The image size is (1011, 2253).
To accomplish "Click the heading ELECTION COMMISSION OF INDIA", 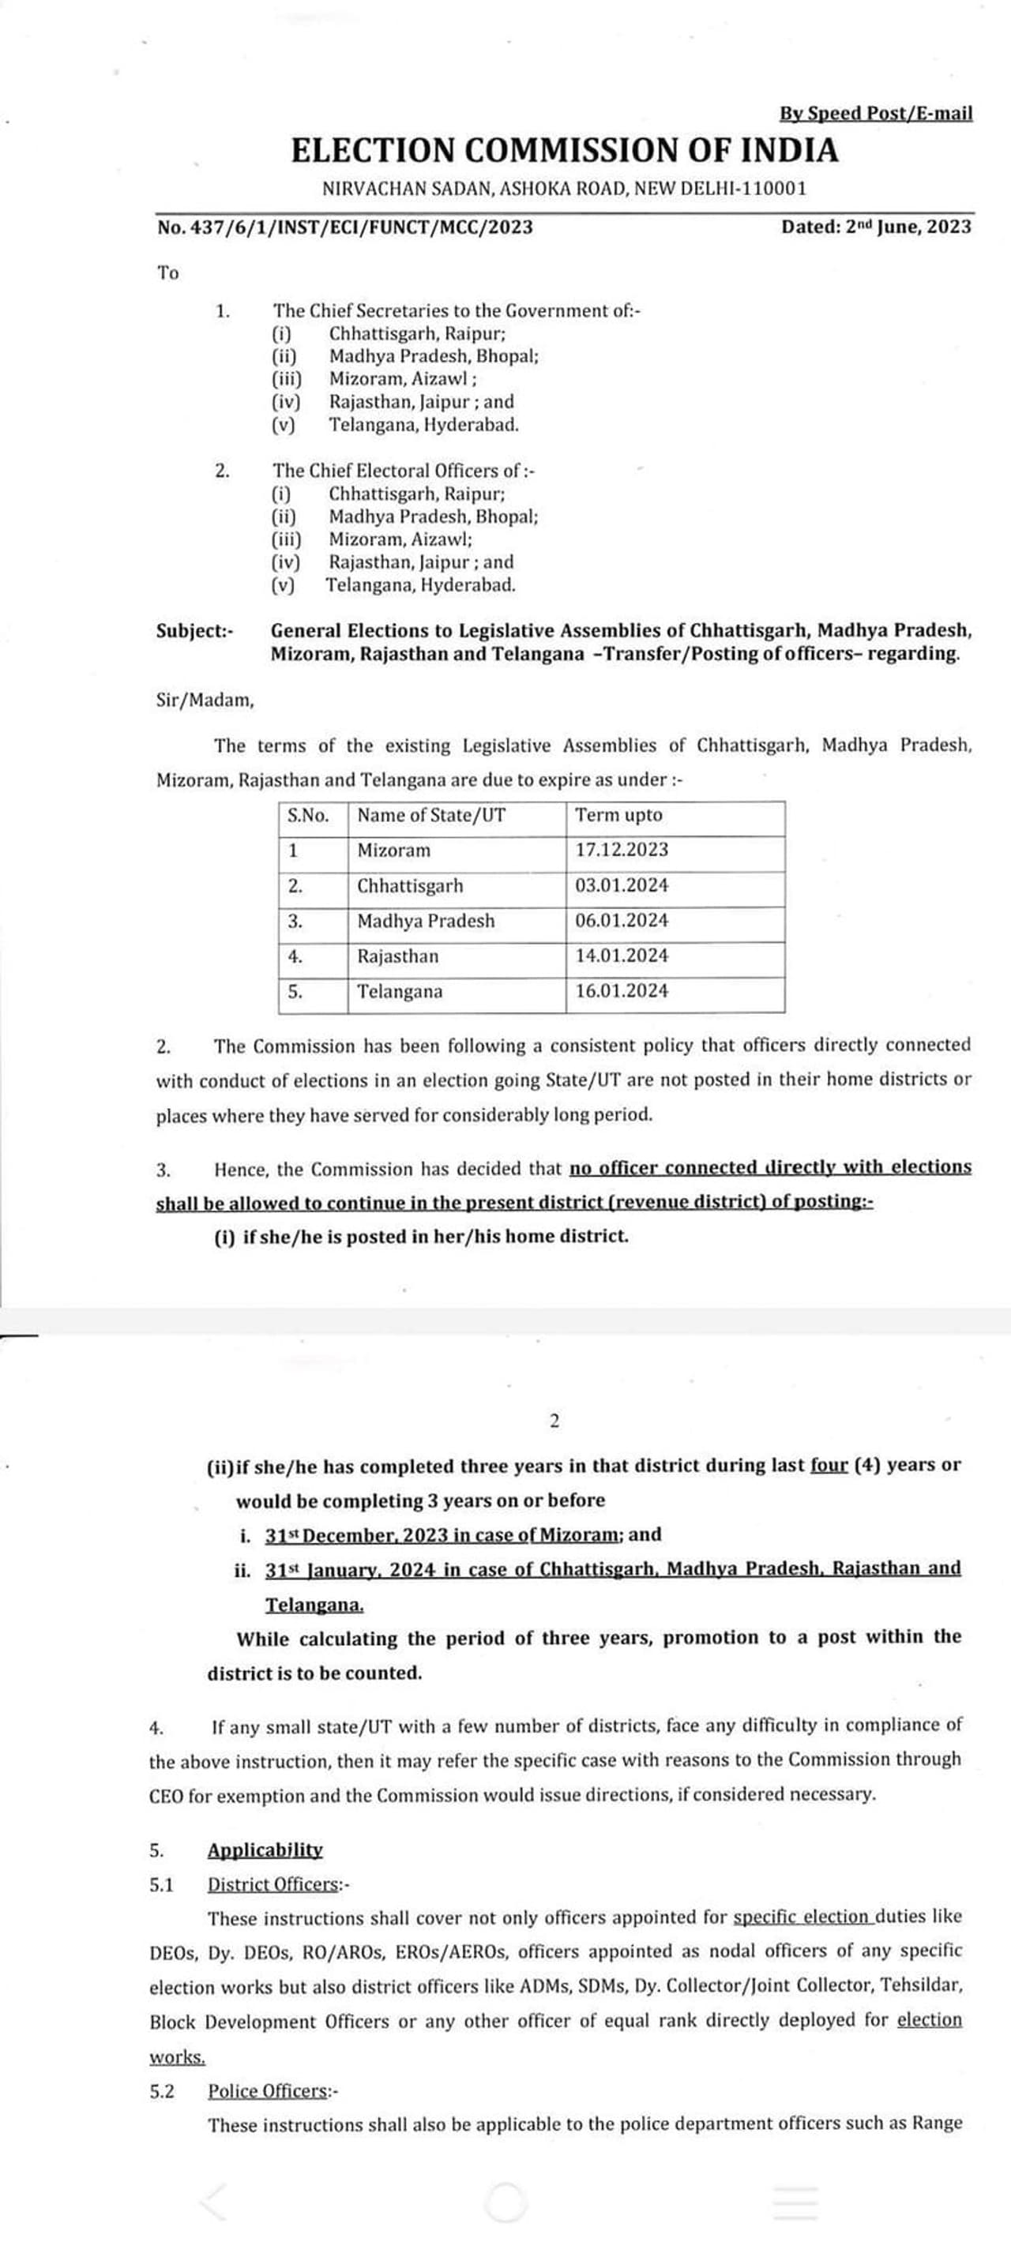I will tap(564, 150).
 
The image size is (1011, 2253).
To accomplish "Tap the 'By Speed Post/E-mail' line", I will tap(875, 113).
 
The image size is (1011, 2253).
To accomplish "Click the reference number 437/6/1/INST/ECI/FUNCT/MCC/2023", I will tap(344, 227).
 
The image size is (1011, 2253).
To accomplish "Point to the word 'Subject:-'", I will tap(194, 631).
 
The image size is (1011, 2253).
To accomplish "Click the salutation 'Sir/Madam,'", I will tap(205, 700).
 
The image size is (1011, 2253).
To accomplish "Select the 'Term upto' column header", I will tap(618, 815).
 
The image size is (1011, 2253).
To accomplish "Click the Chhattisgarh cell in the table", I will tap(409, 886).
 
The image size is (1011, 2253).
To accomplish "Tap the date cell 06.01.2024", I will tap(621, 921).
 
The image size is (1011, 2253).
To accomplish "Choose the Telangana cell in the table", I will tap(399, 992).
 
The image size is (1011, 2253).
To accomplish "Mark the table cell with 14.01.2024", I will tap(621, 956).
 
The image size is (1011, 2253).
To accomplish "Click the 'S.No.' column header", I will tap(308, 815).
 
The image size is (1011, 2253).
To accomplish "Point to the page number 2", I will tap(554, 1421).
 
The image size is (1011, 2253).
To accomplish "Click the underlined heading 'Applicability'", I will tap(264, 1849).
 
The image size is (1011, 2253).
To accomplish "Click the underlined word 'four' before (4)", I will tap(829, 1465).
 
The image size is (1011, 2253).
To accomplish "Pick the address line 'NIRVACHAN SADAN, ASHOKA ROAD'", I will tap(564, 188).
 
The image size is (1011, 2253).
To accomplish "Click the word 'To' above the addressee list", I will tap(168, 273).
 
